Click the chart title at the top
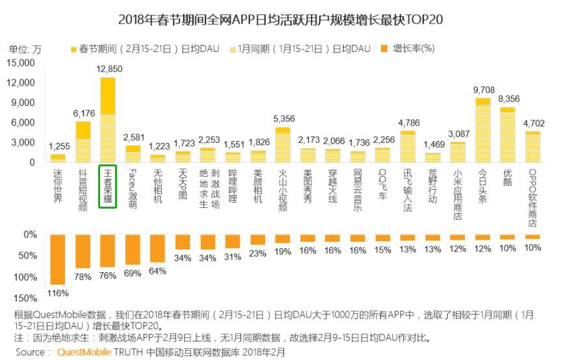(281, 19)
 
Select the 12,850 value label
(109, 69)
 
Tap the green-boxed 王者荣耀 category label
(107, 186)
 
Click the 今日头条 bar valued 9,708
(482, 129)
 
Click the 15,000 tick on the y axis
(20, 62)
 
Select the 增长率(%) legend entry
(408, 49)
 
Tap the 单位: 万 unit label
(25, 49)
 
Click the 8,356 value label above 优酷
(508, 99)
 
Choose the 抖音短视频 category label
(83, 189)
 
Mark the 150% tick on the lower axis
(25, 298)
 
